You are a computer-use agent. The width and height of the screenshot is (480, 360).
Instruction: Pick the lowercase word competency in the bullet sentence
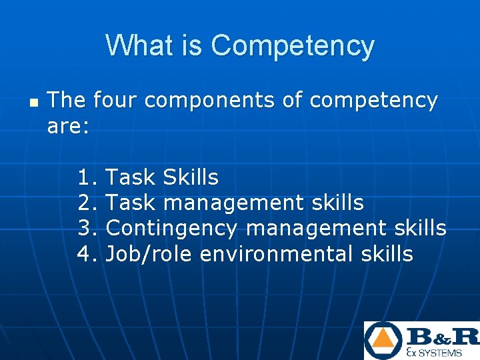pos(373,101)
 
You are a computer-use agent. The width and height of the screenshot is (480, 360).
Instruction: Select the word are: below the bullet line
pos(68,126)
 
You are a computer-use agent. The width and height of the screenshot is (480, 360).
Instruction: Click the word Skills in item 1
pos(191,177)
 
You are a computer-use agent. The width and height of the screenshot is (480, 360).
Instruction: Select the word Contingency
pos(171,228)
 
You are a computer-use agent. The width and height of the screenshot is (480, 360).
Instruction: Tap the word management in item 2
pos(234,203)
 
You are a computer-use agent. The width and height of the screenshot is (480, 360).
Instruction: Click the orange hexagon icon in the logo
pos(383,341)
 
